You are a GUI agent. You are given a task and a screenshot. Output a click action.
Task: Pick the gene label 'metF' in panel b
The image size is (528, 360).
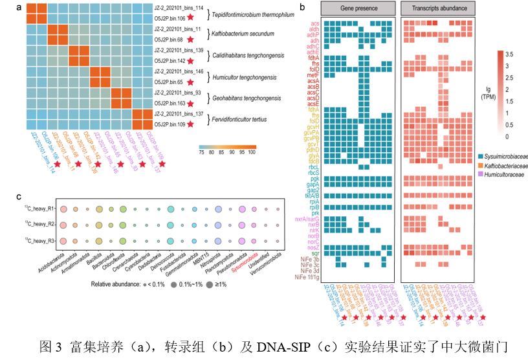pyautogui.click(x=313, y=76)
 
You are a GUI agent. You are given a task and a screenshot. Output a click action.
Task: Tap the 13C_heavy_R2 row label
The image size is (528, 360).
pyautogui.click(x=37, y=224)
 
